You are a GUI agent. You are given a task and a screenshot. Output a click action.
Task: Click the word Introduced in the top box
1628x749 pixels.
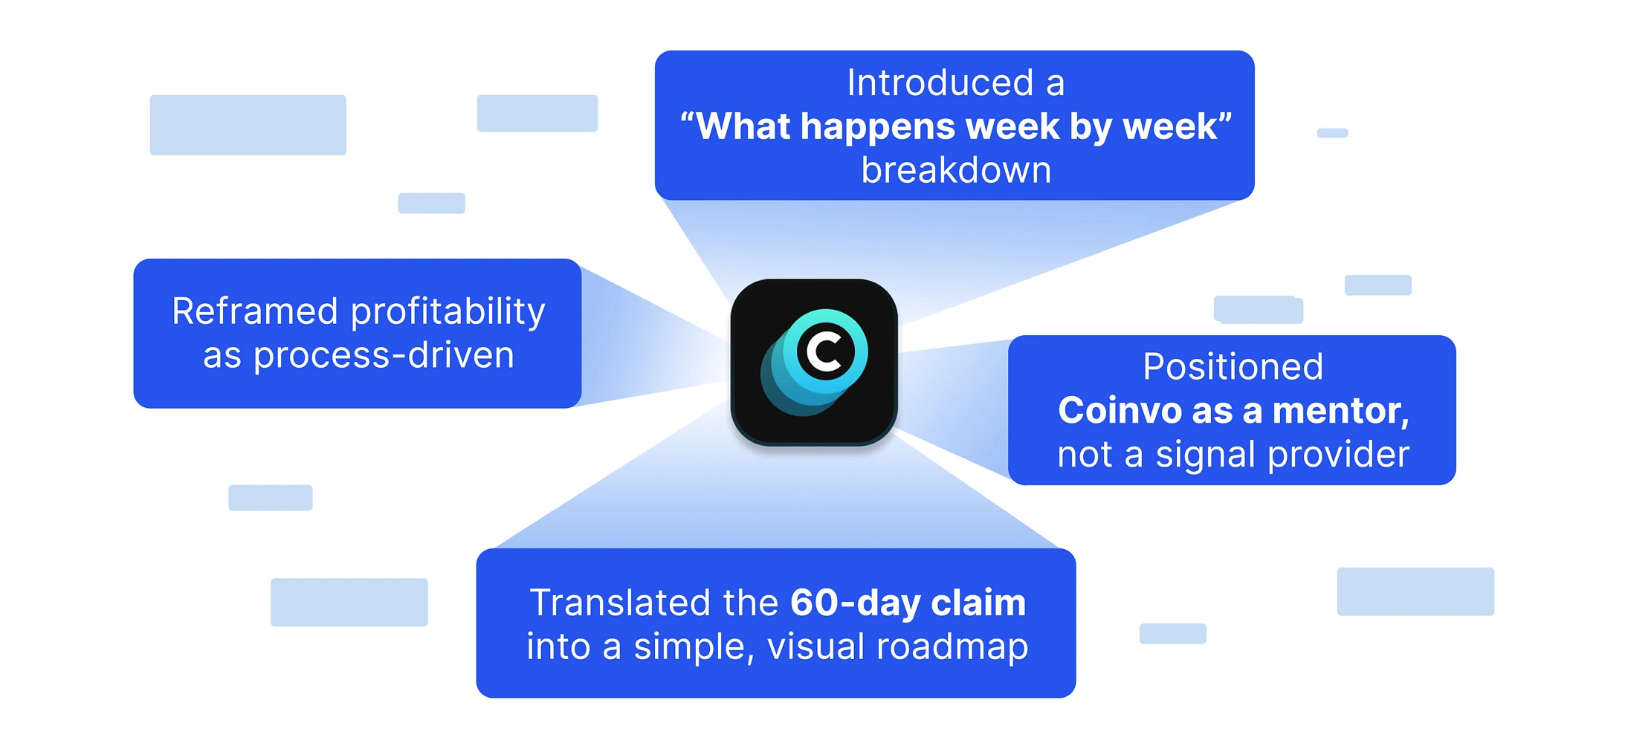coord(940,82)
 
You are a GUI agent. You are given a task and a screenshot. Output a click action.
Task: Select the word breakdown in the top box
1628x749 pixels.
coord(956,170)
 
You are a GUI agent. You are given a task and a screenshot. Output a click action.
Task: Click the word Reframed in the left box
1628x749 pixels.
coord(255,311)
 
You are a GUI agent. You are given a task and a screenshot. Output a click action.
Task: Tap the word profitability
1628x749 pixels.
coord(448,313)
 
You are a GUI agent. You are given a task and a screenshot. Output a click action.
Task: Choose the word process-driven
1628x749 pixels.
coord(384,356)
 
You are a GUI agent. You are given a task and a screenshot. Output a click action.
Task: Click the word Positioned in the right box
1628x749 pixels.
coord(1233,367)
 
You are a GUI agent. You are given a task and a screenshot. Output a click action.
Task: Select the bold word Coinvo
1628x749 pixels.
coord(1120,411)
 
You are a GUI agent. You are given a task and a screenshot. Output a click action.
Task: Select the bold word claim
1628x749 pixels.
coord(978,603)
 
